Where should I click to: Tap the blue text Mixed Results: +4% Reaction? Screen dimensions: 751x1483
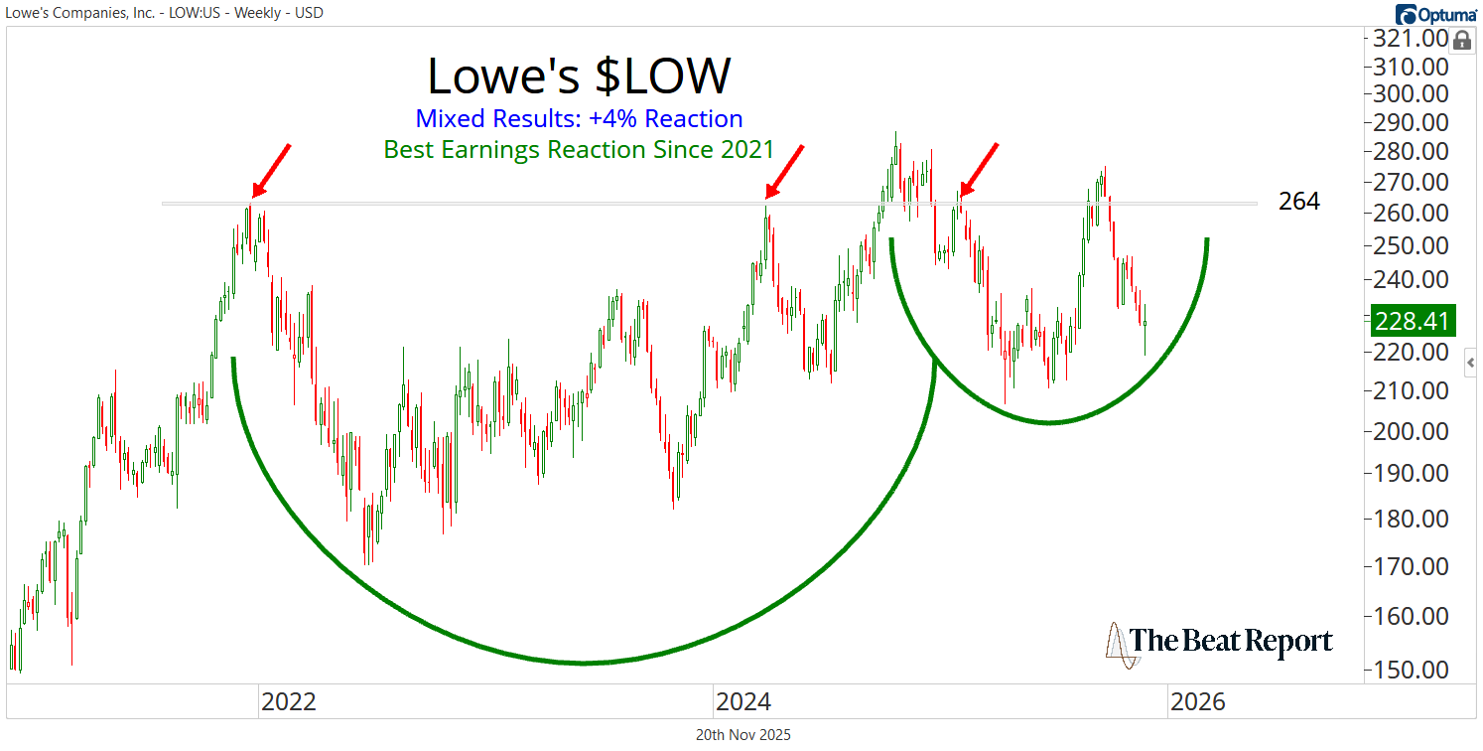coord(579,119)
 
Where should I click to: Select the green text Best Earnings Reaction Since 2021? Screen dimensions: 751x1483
coord(579,150)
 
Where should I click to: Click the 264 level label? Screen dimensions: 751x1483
coord(1299,202)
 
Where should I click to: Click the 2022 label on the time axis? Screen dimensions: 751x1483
coord(288,702)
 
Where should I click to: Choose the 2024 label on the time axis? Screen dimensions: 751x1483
coord(743,702)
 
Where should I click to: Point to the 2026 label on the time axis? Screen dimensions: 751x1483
coord(1198,702)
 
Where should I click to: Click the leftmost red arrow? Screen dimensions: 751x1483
coord(269,171)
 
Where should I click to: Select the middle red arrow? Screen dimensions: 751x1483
coord(783,171)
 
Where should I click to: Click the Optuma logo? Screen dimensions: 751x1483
coord(1434,14)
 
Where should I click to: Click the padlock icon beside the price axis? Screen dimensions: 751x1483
coord(1461,41)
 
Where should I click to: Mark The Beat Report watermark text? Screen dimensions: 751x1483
coord(1231,641)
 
